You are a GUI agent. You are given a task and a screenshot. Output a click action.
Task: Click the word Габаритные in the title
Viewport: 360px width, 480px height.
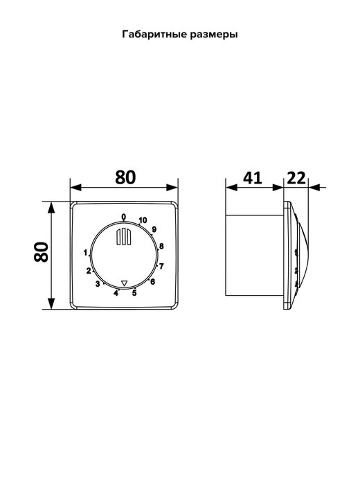pos(154,35)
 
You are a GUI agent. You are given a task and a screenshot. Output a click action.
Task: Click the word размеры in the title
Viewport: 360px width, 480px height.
pos(214,35)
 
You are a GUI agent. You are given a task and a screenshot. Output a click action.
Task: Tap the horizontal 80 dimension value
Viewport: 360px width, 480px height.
pos(125,177)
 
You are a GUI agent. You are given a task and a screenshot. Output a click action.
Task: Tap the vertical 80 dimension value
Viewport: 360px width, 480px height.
pos(41,252)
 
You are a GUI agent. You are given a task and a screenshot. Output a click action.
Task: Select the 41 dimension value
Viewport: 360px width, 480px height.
pos(252,178)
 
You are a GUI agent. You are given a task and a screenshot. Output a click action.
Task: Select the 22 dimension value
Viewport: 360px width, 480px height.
pos(296,178)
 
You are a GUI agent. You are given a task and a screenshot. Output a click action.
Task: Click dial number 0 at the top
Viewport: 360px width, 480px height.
pos(123,217)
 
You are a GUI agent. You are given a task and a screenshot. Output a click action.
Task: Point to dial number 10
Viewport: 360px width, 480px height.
pos(143,220)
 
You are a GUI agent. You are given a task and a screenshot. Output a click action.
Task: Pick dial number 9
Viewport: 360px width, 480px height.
pos(154,229)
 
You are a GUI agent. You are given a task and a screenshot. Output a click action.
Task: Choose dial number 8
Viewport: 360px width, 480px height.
pos(161,246)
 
